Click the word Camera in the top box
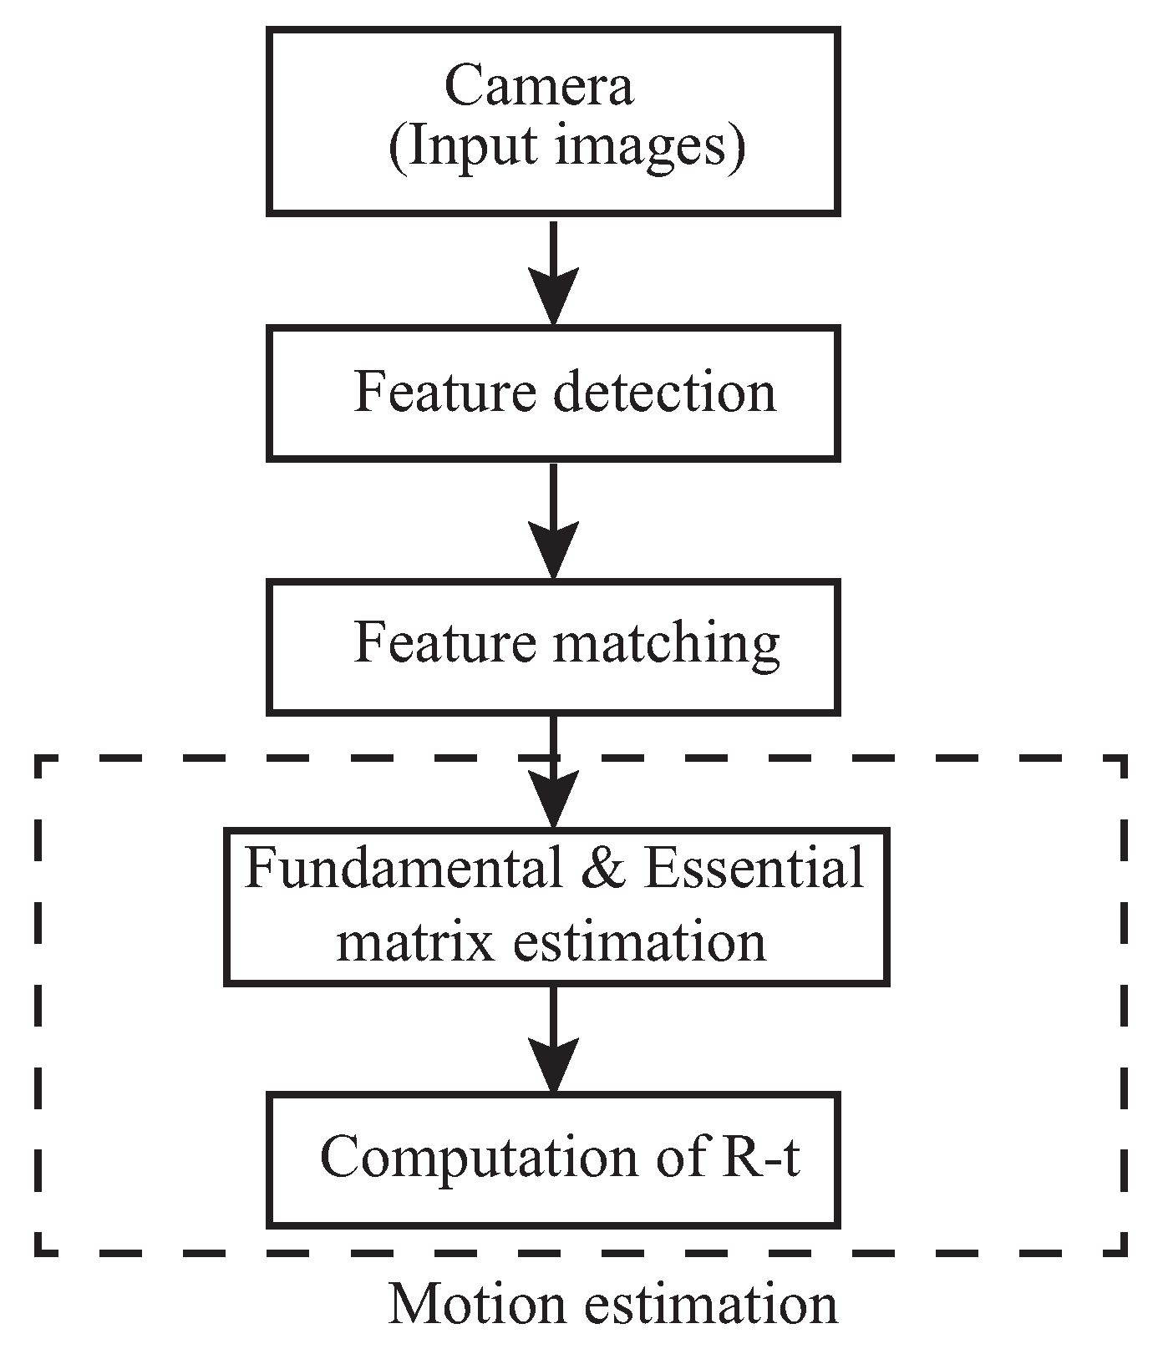[x=538, y=86]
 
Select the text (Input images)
[x=566, y=149]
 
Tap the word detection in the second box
[x=665, y=393]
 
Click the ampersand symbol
[x=603, y=869]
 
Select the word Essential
[x=754, y=869]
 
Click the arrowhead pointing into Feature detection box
[x=554, y=297]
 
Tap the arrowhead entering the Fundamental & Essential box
[x=554, y=799]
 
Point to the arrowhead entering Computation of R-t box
[x=554, y=1063]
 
